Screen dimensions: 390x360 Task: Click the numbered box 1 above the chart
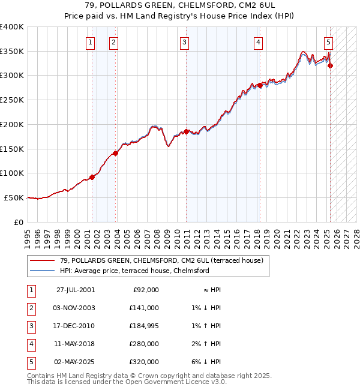[89, 42]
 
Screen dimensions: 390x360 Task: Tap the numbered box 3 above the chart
[184, 42]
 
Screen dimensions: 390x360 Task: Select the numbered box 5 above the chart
[329, 42]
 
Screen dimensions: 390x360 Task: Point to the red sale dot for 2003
[116, 153]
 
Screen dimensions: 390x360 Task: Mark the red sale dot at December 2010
[186, 131]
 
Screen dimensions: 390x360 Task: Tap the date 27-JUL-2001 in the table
[75, 290]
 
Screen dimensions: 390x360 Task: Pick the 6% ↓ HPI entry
[208, 362]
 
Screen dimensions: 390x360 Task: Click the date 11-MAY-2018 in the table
[75, 344]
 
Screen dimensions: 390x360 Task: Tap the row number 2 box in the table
[29, 308]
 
